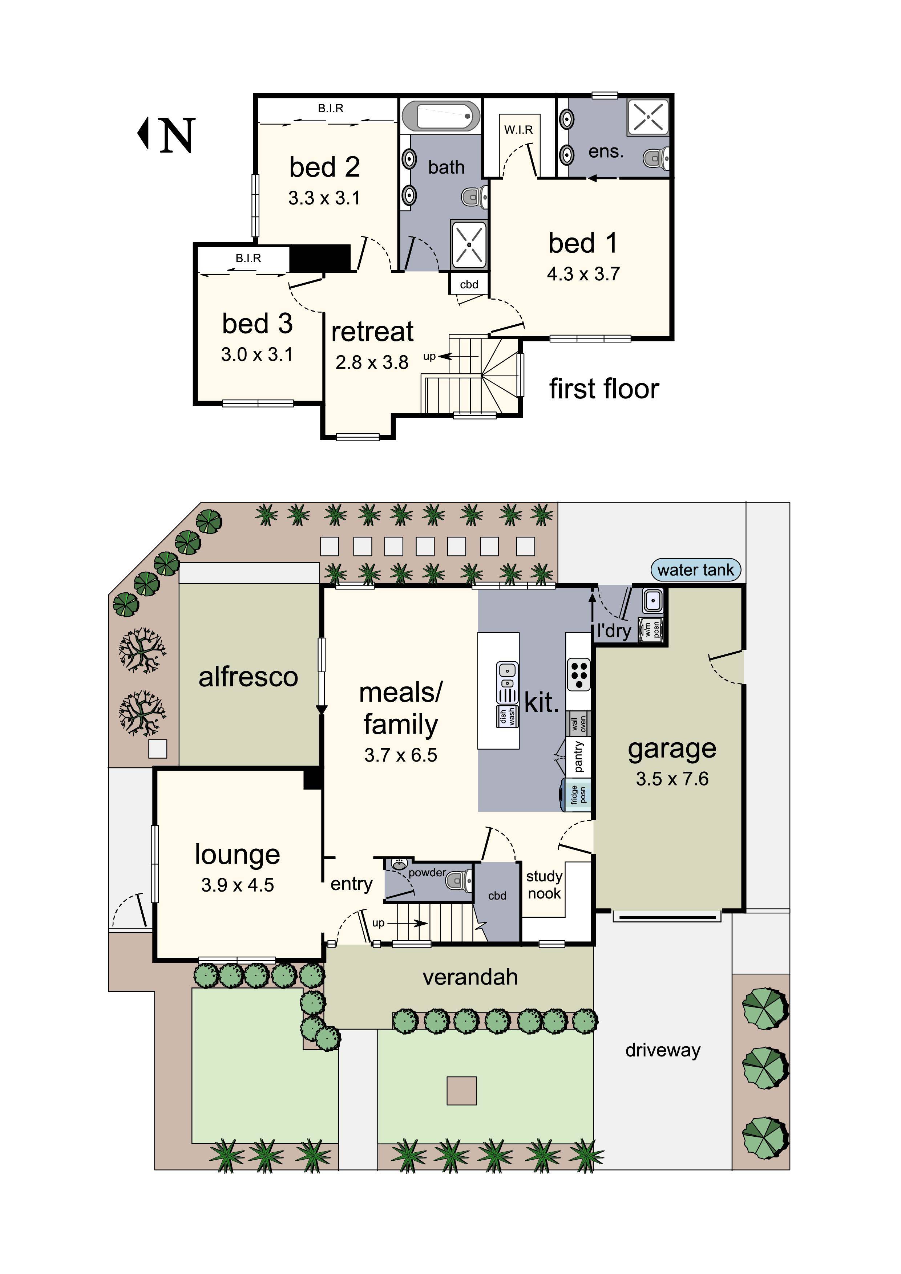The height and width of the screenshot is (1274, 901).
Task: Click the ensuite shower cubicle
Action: coord(648,117)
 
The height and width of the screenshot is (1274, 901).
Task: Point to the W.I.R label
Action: coord(518,130)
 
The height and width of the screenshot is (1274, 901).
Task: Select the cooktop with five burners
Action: coord(578,675)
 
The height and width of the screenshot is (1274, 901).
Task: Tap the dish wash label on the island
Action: coord(507,716)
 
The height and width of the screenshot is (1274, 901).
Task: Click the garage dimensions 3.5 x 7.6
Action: coord(672,779)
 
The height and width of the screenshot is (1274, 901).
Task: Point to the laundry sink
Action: coord(652,600)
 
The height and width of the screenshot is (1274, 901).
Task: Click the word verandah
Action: coord(470,977)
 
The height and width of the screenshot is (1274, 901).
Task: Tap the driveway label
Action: coord(662,1050)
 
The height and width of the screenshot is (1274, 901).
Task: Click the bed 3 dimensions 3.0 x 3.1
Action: coord(256,354)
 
